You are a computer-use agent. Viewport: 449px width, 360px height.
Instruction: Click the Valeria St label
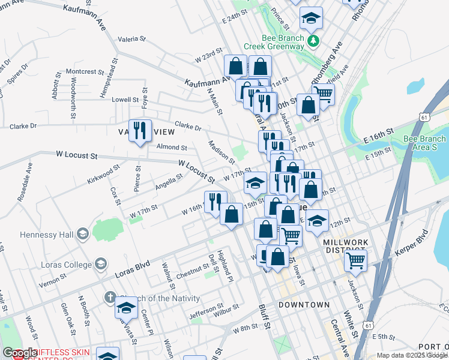pos(132,39)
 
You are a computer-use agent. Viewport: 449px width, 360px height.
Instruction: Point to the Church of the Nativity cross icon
pos(109,297)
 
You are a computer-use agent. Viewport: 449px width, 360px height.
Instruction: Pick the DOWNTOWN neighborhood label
pos(304,305)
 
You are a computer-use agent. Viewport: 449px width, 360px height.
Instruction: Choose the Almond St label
pos(172,147)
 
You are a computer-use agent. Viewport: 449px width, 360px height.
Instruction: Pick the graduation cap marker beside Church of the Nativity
pos(126,309)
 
